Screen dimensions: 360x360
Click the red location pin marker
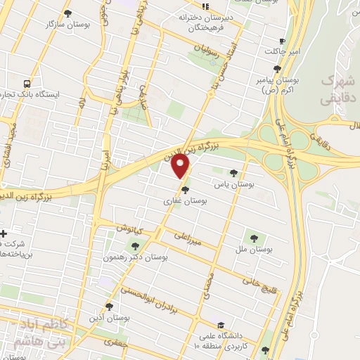(181, 166)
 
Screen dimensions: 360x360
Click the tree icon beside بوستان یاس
(233, 173)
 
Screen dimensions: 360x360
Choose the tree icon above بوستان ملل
(255, 238)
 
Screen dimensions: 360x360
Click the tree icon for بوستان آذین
(108, 306)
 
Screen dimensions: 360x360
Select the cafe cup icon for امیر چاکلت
(282, 41)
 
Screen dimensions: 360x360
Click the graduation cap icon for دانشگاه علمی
(221, 325)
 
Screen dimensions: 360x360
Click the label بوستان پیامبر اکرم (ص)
(278, 86)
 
